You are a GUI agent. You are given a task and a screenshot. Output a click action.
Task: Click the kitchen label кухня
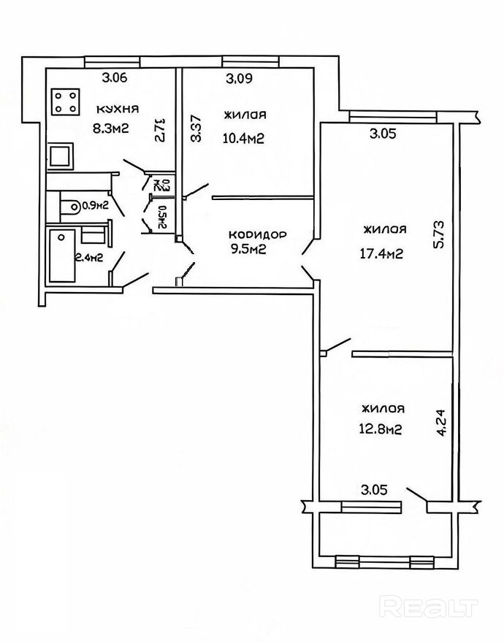(x=118, y=110)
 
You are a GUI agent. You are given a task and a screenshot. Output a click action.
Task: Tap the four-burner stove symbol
(x=65, y=102)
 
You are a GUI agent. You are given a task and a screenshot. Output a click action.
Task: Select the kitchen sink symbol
(x=61, y=156)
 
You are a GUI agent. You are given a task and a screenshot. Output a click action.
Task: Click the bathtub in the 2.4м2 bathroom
(x=62, y=256)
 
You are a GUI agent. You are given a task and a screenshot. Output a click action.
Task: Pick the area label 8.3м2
(x=111, y=129)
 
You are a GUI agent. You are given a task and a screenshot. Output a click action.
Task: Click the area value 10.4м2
(x=243, y=139)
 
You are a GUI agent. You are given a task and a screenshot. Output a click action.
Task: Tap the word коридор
(x=258, y=235)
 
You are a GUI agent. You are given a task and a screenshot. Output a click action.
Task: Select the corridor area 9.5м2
(x=249, y=248)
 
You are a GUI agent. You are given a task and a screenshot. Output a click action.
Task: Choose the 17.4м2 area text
(x=381, y=254)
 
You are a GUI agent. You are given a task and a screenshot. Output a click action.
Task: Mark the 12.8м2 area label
(x=381, y=429)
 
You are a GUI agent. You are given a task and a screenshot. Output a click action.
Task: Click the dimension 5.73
(x=439, y=234)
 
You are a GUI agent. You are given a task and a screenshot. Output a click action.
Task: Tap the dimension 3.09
(x=239, y=78)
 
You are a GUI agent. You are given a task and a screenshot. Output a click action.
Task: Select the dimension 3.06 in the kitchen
(x=115, y=77)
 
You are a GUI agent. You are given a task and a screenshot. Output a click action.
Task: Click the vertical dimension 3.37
(x=196, y=129)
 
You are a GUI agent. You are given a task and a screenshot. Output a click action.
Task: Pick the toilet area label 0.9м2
(x=96, y=206)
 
